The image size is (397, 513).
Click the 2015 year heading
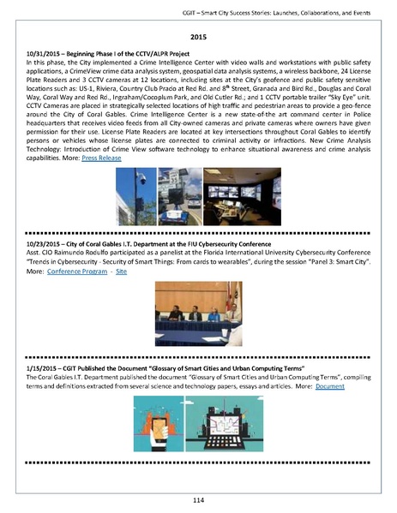(x=198, y=38)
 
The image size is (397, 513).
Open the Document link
(x=329, y=386)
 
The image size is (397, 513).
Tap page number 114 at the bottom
(x=198, y=498)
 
